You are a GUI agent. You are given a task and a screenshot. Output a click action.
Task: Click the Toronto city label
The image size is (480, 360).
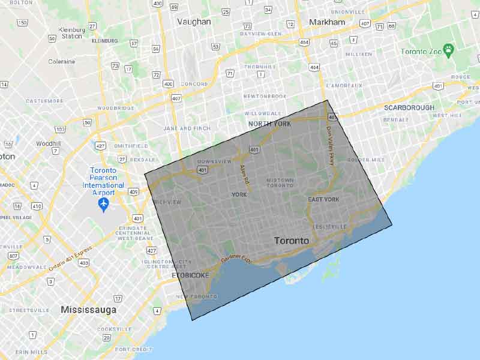pyautogui.click(x=292, y=241)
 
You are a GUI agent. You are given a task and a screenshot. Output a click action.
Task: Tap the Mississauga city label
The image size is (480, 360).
pyautogui.click(x=88, y=310)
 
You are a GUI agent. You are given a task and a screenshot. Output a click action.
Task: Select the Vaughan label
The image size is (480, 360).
pyautogui.click(x=194, y=22)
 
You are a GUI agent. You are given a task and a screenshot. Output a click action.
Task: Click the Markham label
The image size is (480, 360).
pyautogui.click(x=327, y=22)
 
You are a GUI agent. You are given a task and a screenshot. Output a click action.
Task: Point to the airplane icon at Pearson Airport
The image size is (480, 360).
pyautogui.click(x=103, y=205)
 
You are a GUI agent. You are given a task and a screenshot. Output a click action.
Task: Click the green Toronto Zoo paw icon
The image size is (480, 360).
pyautogui.click(x=448, y=48)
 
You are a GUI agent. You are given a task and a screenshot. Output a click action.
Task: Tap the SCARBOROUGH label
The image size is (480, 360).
pyautogui.click(x=409, y=107)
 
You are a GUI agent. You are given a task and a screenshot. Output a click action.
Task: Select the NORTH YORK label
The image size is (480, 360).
pyautogui.click(x=269, y=123)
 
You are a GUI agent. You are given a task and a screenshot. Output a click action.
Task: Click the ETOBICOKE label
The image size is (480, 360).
pyautogui.click(x=190, y=275)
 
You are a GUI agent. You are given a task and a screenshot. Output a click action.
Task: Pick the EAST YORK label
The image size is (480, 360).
pyautogui.click(x=324, y=199)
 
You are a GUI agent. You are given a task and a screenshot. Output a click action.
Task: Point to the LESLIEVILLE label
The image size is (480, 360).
pyautogui.click(x=329, y=226)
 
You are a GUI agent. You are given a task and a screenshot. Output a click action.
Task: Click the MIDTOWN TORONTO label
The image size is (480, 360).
pyautogui.click(x=280, y=182)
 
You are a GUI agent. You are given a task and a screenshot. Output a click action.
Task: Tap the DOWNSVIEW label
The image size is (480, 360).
pyautogui.click(x=214, y=161)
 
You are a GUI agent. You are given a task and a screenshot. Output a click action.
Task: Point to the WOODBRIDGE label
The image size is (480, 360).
pyautogui.click(x=115, y=108)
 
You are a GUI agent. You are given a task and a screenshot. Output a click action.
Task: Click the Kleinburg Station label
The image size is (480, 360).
pyautogui.click(x=71, y=32)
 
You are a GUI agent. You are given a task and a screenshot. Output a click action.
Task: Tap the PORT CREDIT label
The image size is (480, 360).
pyautogui.click(x=134, y=349)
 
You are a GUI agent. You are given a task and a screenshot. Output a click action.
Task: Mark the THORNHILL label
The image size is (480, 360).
pyautogui.click(x=259, y=67)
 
